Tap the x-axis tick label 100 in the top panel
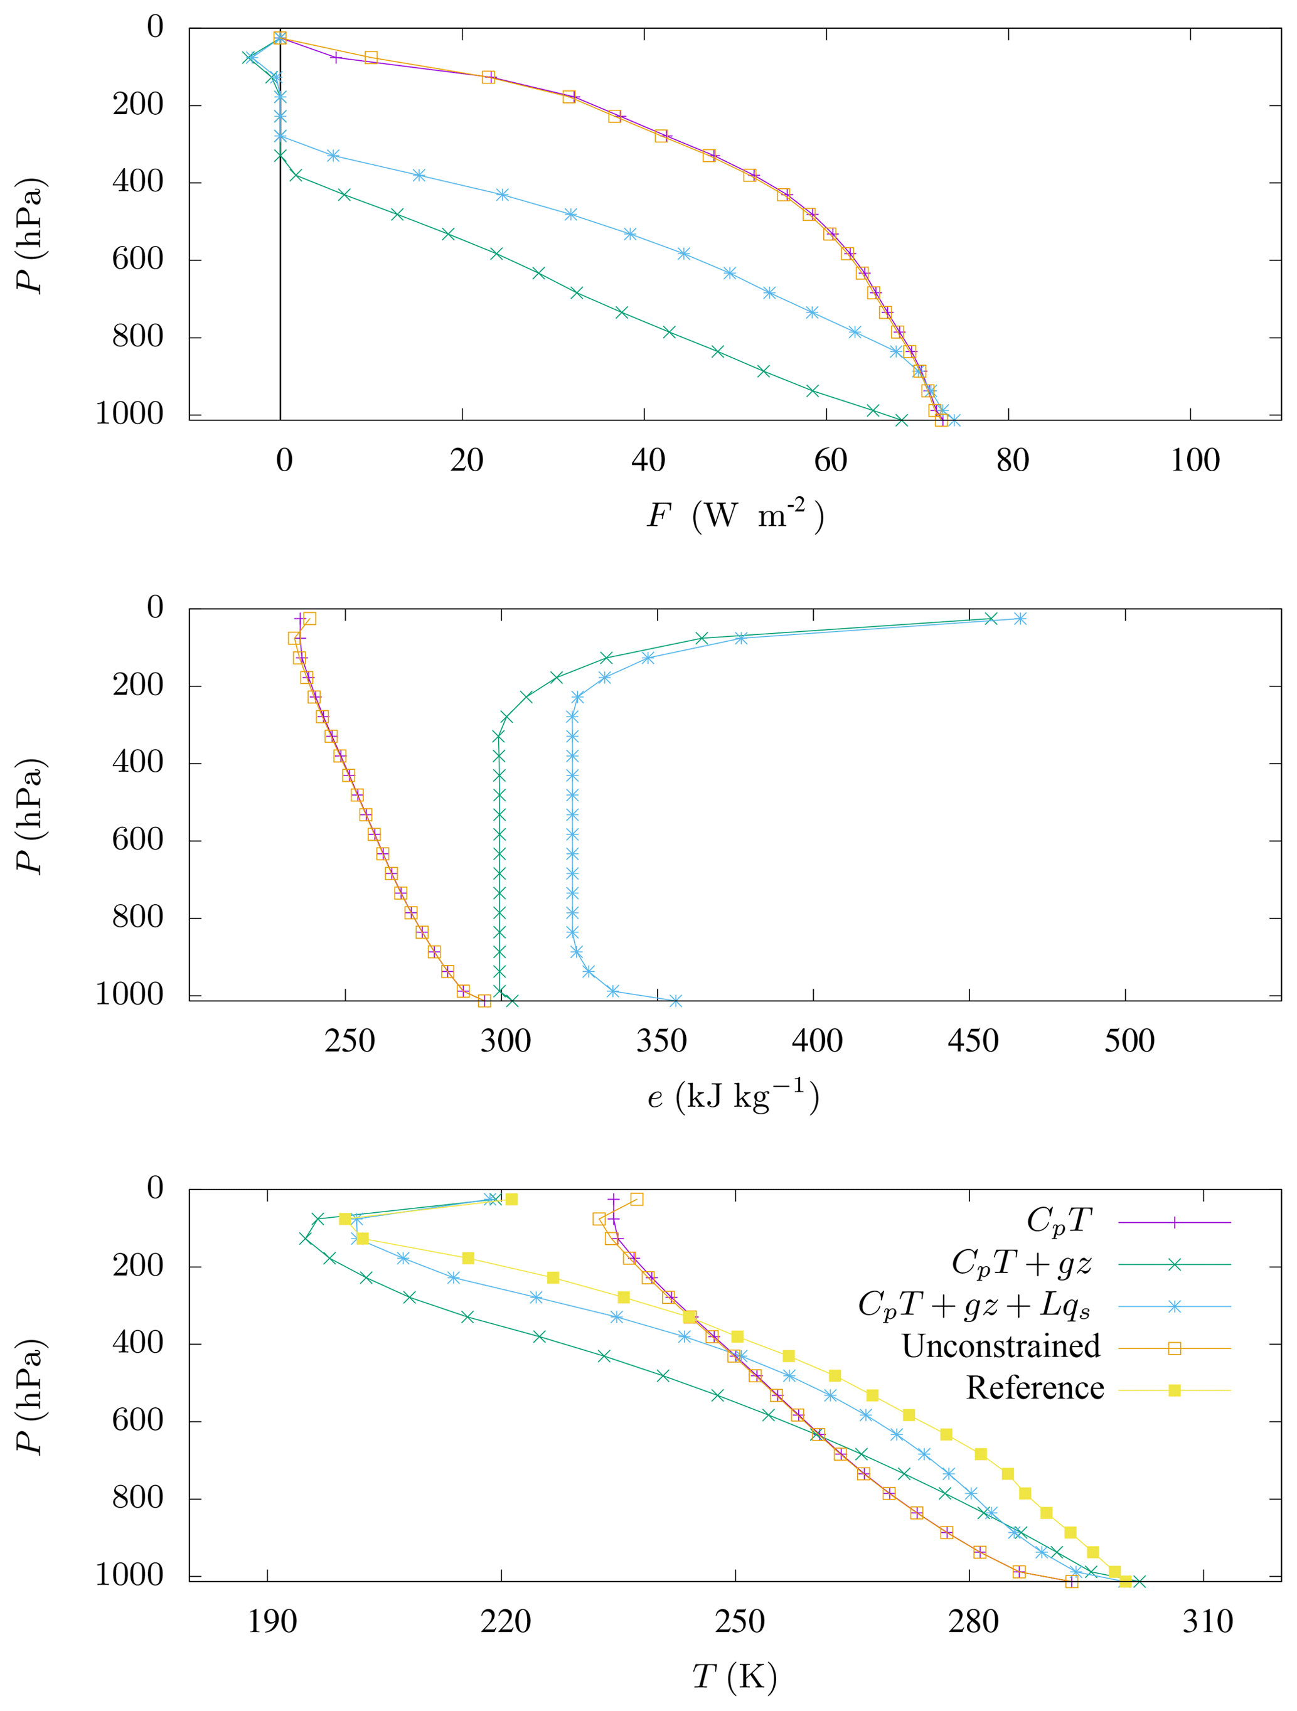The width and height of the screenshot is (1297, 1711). (1194, 461)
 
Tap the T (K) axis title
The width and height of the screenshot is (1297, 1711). (734, 1676)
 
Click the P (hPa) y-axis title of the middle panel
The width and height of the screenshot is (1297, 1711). (31, 817)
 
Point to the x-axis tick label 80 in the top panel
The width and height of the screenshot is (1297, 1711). (1011, 461)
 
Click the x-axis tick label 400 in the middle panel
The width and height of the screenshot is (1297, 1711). (817, 1041)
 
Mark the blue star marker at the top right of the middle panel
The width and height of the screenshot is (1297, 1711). (1020, 619)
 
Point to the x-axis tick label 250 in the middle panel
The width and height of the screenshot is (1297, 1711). (350, 1041)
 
